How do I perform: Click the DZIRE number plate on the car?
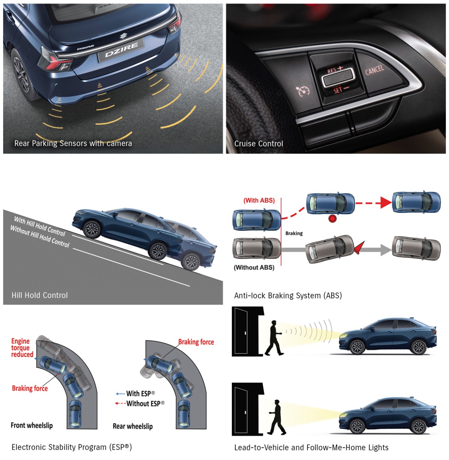point(121,50)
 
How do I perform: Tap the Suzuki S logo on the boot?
point(123,36)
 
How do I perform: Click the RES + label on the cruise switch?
point(335,70)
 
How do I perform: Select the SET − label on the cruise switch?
point(341,90)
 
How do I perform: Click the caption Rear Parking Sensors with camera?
point(73,143)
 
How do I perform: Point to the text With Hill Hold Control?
point(40,226)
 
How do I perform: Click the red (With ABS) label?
point(259,200)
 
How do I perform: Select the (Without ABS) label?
point(254,267)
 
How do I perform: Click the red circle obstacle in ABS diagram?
point(332,219)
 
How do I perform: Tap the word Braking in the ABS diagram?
point(294,233)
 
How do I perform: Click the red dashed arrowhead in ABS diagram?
point(386,203)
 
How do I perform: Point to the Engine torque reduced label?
point(22,347)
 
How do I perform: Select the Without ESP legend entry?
point(140,404)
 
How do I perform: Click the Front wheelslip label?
point(32,425)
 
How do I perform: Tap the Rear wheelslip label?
point(133,426)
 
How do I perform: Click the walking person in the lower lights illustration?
point(277,418)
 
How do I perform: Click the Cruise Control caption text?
point(259,143)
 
